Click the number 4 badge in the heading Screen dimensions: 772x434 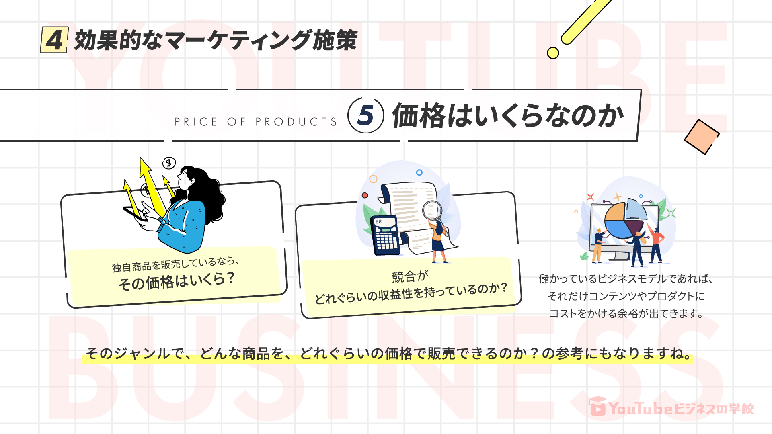click(54, 40)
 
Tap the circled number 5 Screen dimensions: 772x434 click(365, 115)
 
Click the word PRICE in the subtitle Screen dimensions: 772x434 click(196, 122)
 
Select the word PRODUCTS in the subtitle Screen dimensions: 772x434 click(296, 122)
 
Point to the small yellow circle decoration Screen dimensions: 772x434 click(553, 53)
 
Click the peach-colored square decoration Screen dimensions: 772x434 click(701, 137)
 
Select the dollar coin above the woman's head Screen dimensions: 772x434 click(169, 163)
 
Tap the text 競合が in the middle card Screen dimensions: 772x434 click(410, 276)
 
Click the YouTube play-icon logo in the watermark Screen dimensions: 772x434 click(598, 407)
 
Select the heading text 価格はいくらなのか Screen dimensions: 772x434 click(507, 116)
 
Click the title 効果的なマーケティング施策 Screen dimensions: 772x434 click(216, 40)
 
